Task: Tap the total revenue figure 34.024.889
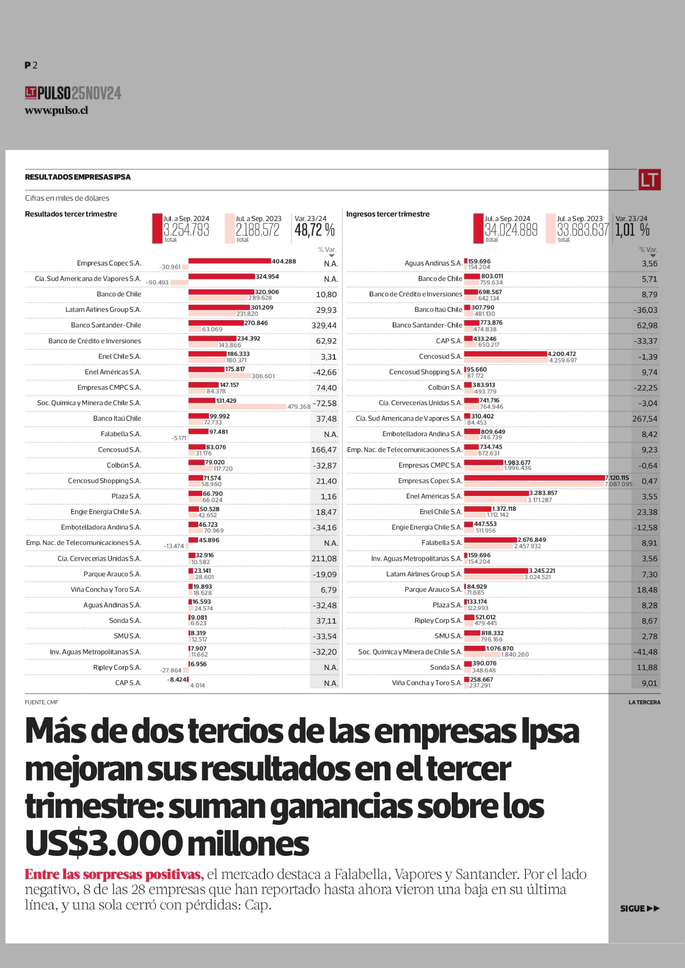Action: click(x=511, y=230)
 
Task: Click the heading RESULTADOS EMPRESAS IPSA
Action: click(x=78, y=177)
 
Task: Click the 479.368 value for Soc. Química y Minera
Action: click(x=299, y=407)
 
